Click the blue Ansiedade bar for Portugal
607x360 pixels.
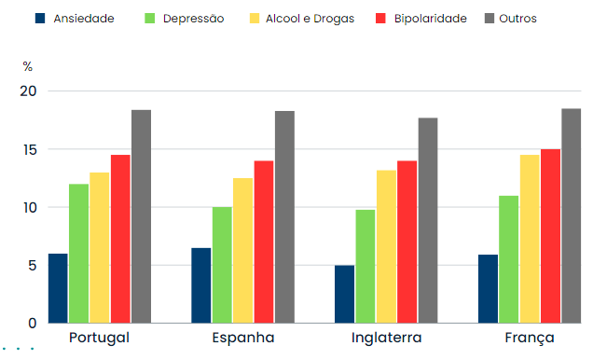pos(58,288)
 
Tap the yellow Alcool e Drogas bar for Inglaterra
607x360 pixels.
pos(386,246)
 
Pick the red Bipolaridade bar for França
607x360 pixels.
pos(550,236)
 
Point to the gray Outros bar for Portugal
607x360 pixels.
pos(141,216)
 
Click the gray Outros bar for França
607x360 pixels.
pos(571,215)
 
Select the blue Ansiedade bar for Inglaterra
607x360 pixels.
pos(345,294)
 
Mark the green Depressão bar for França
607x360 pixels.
pos(509,259)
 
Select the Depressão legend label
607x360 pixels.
pos(194,19)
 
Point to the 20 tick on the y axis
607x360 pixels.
pos(27,91)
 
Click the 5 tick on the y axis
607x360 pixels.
pos(31,265)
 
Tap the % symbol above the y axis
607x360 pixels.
pos(28,66)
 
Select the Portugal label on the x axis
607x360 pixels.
pos(99,338)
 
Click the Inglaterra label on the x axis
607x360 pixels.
pos(386,338)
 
